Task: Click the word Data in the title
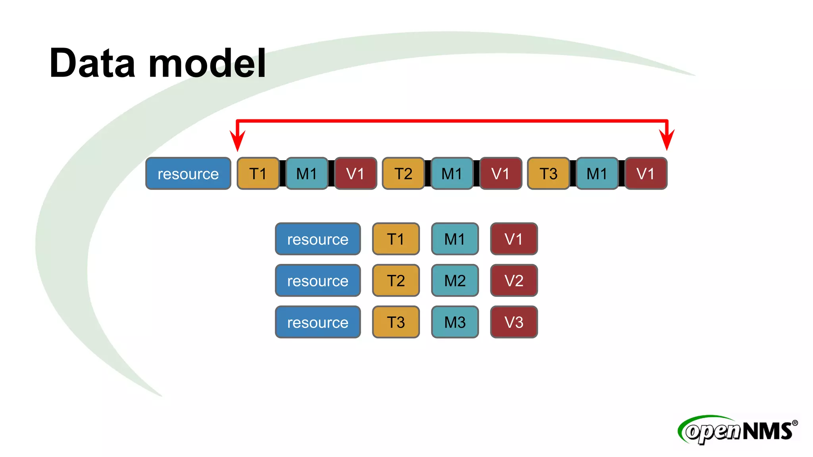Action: (x=92, y=63)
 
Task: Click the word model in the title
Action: (x=207, y=63)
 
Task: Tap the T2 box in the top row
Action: (x=403, y=173)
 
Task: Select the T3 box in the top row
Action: (x=548, y=173)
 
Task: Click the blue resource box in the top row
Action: (x=188, y=173)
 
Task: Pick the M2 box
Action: (x=455, y=280)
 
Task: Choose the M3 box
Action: (x=455, y=322)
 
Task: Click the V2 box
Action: (x=514, y=280)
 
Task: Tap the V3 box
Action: (x=514, y=322)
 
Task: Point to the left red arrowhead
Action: (x=237, y=141)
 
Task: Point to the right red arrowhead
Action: (x=667, y=141)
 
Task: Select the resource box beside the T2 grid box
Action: (x=318, y=280)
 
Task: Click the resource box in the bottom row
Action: (x=318, y=322)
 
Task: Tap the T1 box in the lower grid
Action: (x=396, y=239)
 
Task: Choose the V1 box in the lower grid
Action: (x=514, y=239)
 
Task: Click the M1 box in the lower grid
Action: (x=455, y=239)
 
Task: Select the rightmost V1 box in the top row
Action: (x=645, y=173)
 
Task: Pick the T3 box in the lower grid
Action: (x=396, y=322)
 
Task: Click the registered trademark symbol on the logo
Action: (x=795, y=423)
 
